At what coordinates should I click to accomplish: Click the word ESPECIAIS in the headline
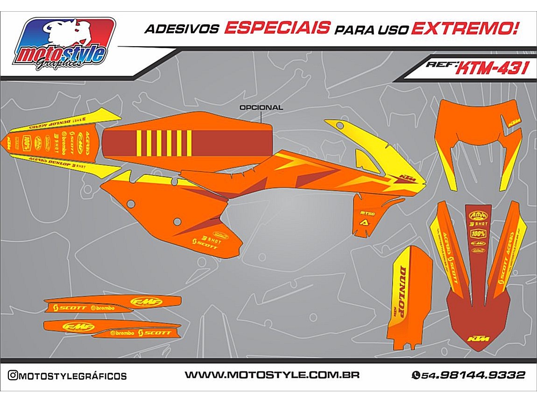coord(276,28)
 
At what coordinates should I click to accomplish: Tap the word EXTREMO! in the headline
coord(464,28)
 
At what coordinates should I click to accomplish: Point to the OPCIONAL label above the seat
coord(261,108)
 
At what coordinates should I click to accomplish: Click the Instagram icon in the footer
coord(13,375)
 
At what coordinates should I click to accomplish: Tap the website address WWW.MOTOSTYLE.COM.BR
coord(272,375)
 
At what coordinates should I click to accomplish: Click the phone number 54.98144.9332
coord(473,375)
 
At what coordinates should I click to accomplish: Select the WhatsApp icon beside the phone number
coord(416,375)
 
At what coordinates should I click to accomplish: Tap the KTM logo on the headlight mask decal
coord(514,123)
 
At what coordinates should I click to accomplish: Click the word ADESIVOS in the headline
coord(181,29)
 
